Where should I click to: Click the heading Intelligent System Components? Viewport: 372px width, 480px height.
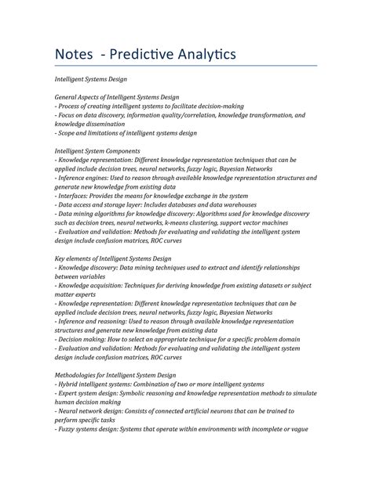coord(97,150)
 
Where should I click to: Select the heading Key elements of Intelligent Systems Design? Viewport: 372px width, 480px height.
coord(113,258)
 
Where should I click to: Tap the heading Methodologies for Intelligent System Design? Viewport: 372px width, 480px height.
coord(115,375)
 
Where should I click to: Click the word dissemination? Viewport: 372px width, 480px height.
coord(117,124)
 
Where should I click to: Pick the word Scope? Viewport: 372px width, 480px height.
coord(68,132)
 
